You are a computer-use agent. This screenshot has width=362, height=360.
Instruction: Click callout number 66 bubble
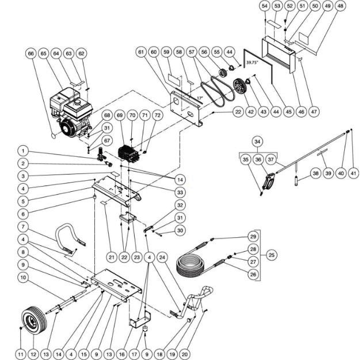(31, 54)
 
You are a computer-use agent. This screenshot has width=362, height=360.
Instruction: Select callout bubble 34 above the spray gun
(257, 141)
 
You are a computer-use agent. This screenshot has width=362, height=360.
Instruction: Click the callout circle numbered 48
(341, 6)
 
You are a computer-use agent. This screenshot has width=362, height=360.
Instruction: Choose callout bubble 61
(140, 52)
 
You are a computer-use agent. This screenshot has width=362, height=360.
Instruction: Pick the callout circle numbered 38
(315, 173)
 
